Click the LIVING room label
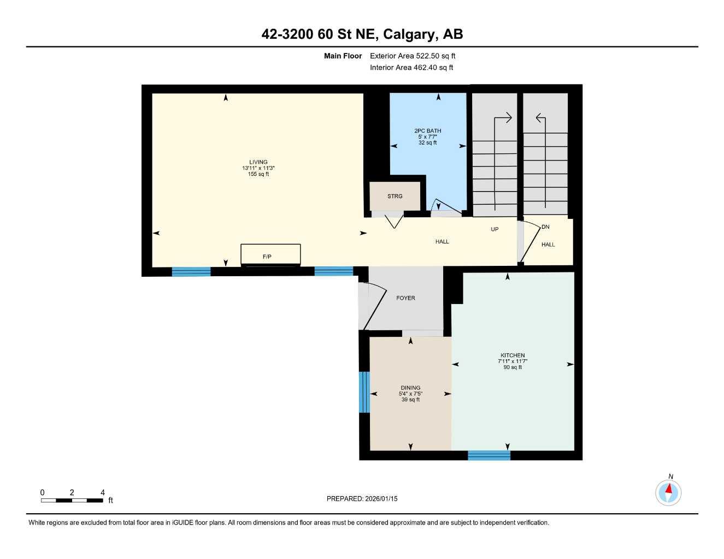[x=258, y=162]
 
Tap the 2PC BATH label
[x=427, y=131]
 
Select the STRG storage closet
[x=395, y=196]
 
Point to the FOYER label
[x=405, y=298]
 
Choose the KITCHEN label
[x=513, y=355]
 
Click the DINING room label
[x=410, y=388]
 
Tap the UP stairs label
[x=495, y=229]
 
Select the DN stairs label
[x=545, y=227]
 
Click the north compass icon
[x=668, y=493]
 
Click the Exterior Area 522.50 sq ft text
[x=413, y=56]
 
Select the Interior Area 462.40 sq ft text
[x=411, y=68]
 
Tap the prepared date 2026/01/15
[x=362, y=498]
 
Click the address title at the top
[x=362, y=34]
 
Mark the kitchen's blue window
[x=489, y=455]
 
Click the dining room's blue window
[x=364, y=392]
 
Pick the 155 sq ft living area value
[x=258, y=174]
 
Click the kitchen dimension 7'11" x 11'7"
[x=513, y=361]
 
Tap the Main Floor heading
[x=343, y=56]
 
